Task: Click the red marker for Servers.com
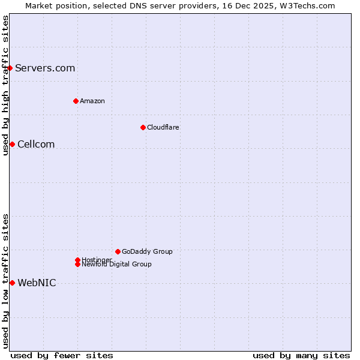[x=10, y=68]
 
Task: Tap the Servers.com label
[x=45, y=68]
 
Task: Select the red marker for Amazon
[x=76, y=101]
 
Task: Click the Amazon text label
[x=92, y=101]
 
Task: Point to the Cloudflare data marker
[x=143, y=127]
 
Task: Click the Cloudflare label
[x=163, y=127]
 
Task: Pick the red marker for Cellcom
[x=12, y=144]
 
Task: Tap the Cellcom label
[x=36, y=144]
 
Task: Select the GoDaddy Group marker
[x=118, y=251]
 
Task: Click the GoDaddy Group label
[x=147, y=251]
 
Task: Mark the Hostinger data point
[x=77, y=260]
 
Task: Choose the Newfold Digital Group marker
[x=77, y=264]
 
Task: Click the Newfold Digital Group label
[x=116, y=265]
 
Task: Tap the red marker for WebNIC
[x=12, y=283]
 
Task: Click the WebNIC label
[x=37, y=283]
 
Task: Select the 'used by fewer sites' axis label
[x=62, y=355]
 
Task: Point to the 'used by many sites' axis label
[x=301, y=355]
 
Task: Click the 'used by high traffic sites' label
[x=5, y=85]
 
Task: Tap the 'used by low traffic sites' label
[x=5, y=281]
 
